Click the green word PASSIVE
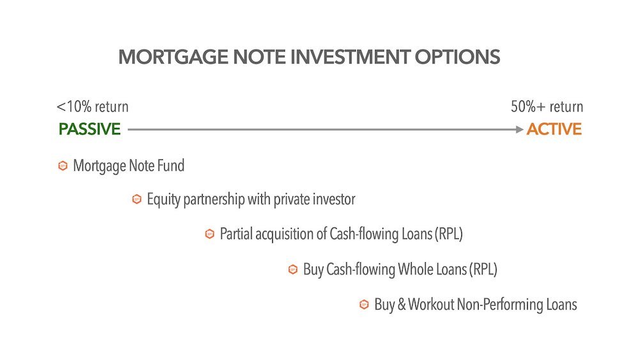(89, 129)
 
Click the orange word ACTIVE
(554, 129)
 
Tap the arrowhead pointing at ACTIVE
(520, 129)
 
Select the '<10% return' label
(93, 107)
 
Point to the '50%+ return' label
(547, 107)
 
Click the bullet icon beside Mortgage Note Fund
(63, 166)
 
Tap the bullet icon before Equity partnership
(136, 200)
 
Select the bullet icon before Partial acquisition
(209, 234)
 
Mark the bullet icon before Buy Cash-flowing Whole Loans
(293, 270)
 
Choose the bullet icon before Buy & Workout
(364, 304)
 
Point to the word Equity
(163, 200)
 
